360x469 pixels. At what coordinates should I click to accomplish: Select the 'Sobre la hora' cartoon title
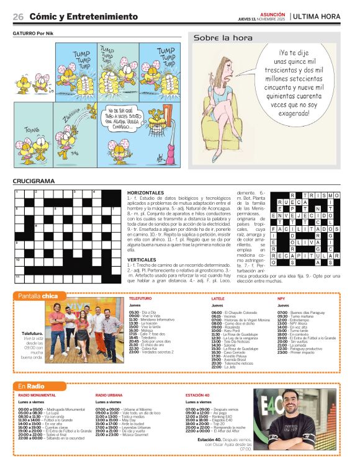(x=217, y=38)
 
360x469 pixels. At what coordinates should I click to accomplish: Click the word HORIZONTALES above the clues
(x=145, y=192)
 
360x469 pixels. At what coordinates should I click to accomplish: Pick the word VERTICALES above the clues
(x=142, y=259)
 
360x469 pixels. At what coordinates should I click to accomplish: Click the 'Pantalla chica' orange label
(x=38, y=296)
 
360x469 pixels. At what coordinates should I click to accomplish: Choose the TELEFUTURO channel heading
(x=140, y=298)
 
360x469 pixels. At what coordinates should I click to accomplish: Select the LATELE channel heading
(x=218, y=298)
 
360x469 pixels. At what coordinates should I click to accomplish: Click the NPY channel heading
(x=281, y=298)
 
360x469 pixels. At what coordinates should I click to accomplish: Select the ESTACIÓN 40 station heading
(x=199, y=395)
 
